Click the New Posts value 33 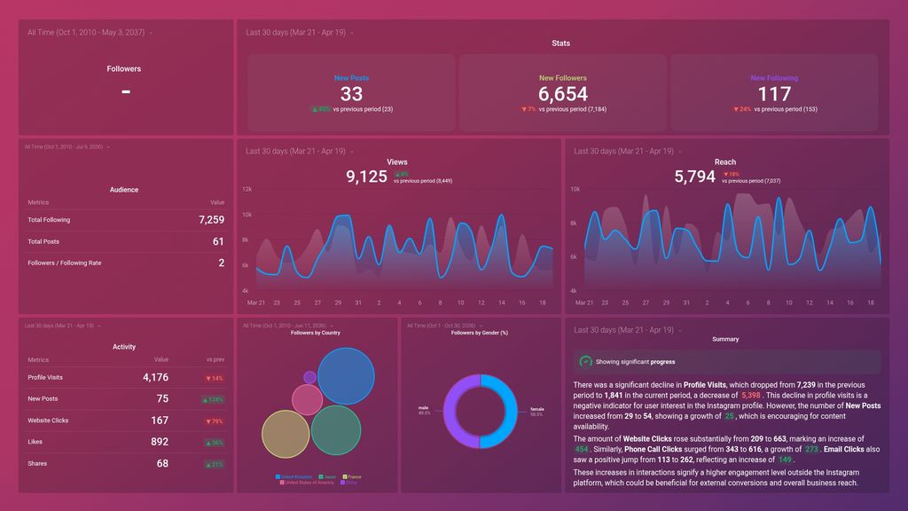351,94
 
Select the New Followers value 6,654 562,94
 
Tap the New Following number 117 774,94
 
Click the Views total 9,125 366,177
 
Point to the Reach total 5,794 694,177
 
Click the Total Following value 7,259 211,220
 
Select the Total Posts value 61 218,241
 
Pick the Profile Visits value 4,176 155,378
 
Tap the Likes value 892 159,442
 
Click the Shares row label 36,463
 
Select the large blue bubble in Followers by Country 346,376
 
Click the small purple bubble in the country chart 309,377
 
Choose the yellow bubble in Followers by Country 286,434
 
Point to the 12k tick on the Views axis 247,189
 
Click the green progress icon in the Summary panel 585,362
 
